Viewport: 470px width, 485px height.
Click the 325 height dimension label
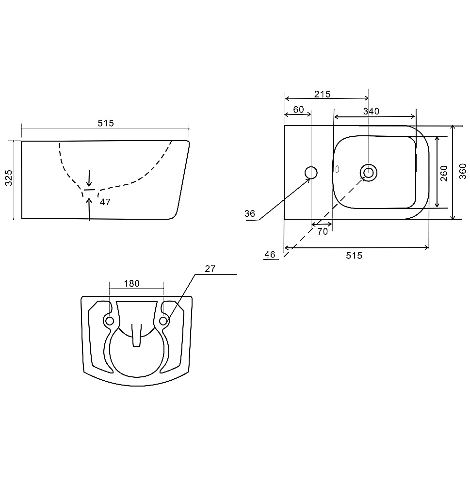(x=9, y=178)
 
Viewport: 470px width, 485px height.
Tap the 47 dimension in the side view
(x=105, y=202)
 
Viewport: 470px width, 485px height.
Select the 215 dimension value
(x=323, y=94)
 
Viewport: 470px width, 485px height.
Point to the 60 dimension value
(x=299, y=110)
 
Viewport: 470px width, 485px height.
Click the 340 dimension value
(x=371, y=112)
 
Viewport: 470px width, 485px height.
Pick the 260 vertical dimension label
(x=444, y=174)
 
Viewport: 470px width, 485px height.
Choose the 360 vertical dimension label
(x=463, y=171)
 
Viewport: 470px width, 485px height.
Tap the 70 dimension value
(x=323, y=231)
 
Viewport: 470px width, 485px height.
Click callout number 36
(x=250, y=213)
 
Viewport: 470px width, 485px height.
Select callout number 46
(x=270, y=254)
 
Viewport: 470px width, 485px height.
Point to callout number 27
(x=210, y=269)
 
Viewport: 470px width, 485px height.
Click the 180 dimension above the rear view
(x=131, y=283)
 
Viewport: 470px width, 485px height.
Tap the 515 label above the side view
(x=106, y=123)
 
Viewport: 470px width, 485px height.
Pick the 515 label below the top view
(x=354, y=256)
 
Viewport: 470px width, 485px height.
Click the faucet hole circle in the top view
(x=311, y=173)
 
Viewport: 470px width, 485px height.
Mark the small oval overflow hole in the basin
(x=337, y=169)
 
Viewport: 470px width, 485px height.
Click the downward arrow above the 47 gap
(x=89, y=178)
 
